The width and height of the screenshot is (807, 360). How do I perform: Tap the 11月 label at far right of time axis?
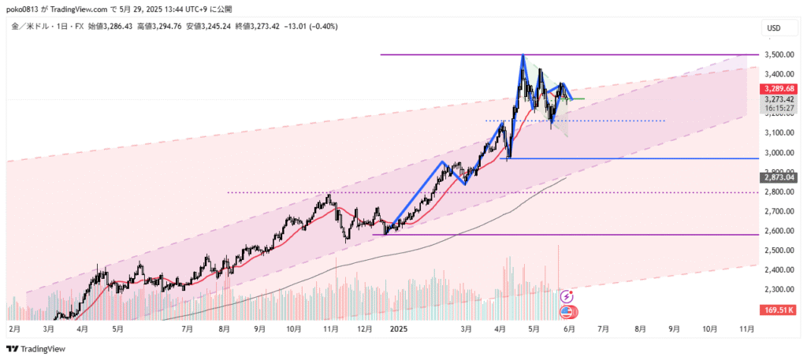[x=746, y=328]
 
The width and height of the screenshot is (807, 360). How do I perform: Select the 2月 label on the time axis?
[x=14, y=328]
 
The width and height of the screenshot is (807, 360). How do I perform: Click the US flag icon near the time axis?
[x=567, y=313]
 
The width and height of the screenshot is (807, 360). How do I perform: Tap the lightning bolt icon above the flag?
[x=567, y=297]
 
